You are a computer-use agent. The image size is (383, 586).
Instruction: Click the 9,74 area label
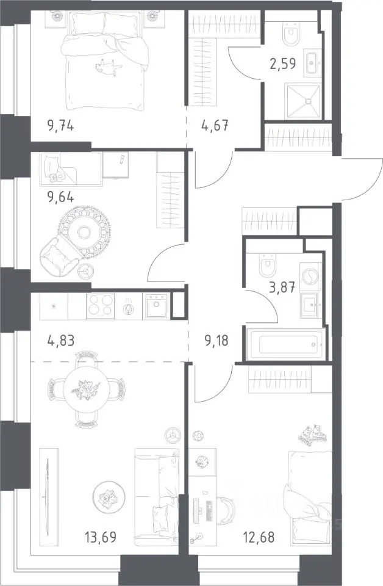[x=60, y=126]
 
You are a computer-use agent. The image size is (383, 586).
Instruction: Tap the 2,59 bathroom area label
[x=282, y=63]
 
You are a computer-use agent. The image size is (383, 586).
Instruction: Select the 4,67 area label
[x=215, y=125]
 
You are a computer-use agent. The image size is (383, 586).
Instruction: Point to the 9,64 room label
[x=60, y=197]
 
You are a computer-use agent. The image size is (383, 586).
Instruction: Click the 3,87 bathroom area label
[x=282, y=288]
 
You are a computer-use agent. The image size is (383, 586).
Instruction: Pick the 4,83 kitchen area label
[x=61, y=341]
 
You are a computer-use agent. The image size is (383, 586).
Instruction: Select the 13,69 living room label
[x=101, y=537]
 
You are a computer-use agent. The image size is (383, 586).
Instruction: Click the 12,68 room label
[x=259, y=537]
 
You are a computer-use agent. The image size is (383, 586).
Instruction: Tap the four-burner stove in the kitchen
[x=101, y=306]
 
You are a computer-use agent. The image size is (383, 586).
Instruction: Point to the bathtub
[x=285, y=344]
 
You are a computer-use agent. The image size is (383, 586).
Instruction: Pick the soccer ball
[x=197, y=436]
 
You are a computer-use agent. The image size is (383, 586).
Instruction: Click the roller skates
[x=311, y=434]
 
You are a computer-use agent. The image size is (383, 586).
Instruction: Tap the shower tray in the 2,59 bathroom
[x=302, y=101]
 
